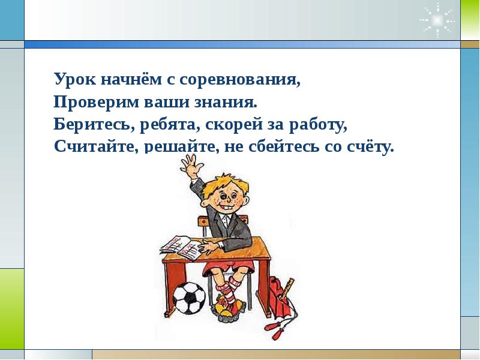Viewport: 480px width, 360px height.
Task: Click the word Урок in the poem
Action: pos(74,80)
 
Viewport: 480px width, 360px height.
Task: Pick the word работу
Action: pos(319,125)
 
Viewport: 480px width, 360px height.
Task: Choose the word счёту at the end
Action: pos(370,147)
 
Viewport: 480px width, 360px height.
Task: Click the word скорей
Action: pos(230,125)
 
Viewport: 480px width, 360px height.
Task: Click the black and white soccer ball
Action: pos(189,298)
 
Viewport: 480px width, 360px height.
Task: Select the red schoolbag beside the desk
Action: pos(278,298)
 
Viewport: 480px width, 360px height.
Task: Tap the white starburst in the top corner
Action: pos(437,20)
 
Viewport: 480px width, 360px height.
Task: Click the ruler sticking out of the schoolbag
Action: pos(287,289)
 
